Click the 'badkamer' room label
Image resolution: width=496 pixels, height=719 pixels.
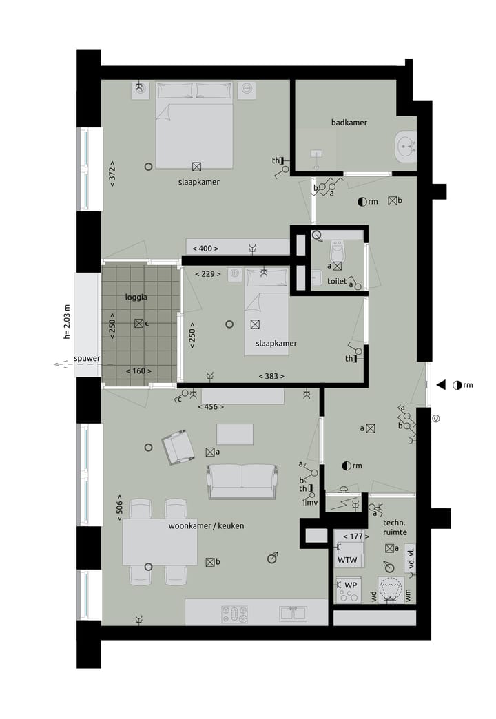tap(349, 123)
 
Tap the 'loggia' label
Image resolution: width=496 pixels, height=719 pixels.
tap(136, 298)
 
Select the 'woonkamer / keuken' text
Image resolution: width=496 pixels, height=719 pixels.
tap(206, 525)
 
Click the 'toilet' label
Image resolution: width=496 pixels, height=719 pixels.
tap(337, 281)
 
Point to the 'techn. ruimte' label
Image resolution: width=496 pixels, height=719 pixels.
tap(395, 528)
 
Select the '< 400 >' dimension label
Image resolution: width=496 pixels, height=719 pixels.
tap(205, 248)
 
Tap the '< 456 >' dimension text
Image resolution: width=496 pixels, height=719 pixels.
tap(210, 407)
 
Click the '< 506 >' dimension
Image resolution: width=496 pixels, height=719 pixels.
tap(119, 506)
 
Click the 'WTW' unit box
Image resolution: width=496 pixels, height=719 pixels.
tap(347, 561)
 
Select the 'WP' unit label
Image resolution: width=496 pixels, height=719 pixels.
tap(351, 585)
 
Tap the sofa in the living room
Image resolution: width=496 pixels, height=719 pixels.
tap(241, 481)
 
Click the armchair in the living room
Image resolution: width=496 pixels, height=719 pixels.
tap(178, 446)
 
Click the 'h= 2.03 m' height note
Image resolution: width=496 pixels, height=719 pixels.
tap(67, 322)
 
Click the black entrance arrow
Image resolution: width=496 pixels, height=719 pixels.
tap(441, 384)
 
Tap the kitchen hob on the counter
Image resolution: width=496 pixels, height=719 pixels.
tap(234, 613)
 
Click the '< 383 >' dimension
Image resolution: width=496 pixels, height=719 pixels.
tap(271, 376)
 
